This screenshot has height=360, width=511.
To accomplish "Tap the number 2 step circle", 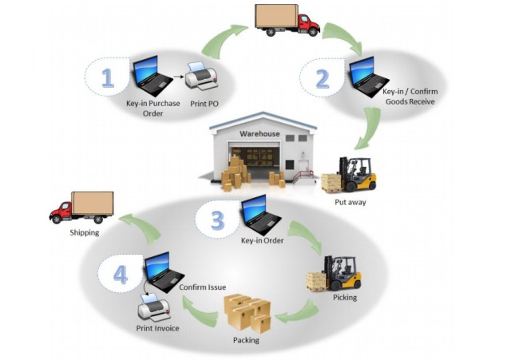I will coord(322,79).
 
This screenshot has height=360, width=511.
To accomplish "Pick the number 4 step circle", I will coord(121,276).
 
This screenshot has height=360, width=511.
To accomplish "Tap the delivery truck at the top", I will coord(287,21).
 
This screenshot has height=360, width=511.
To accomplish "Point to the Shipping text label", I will coord(83,233).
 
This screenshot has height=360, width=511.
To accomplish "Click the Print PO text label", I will coord(203,105).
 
